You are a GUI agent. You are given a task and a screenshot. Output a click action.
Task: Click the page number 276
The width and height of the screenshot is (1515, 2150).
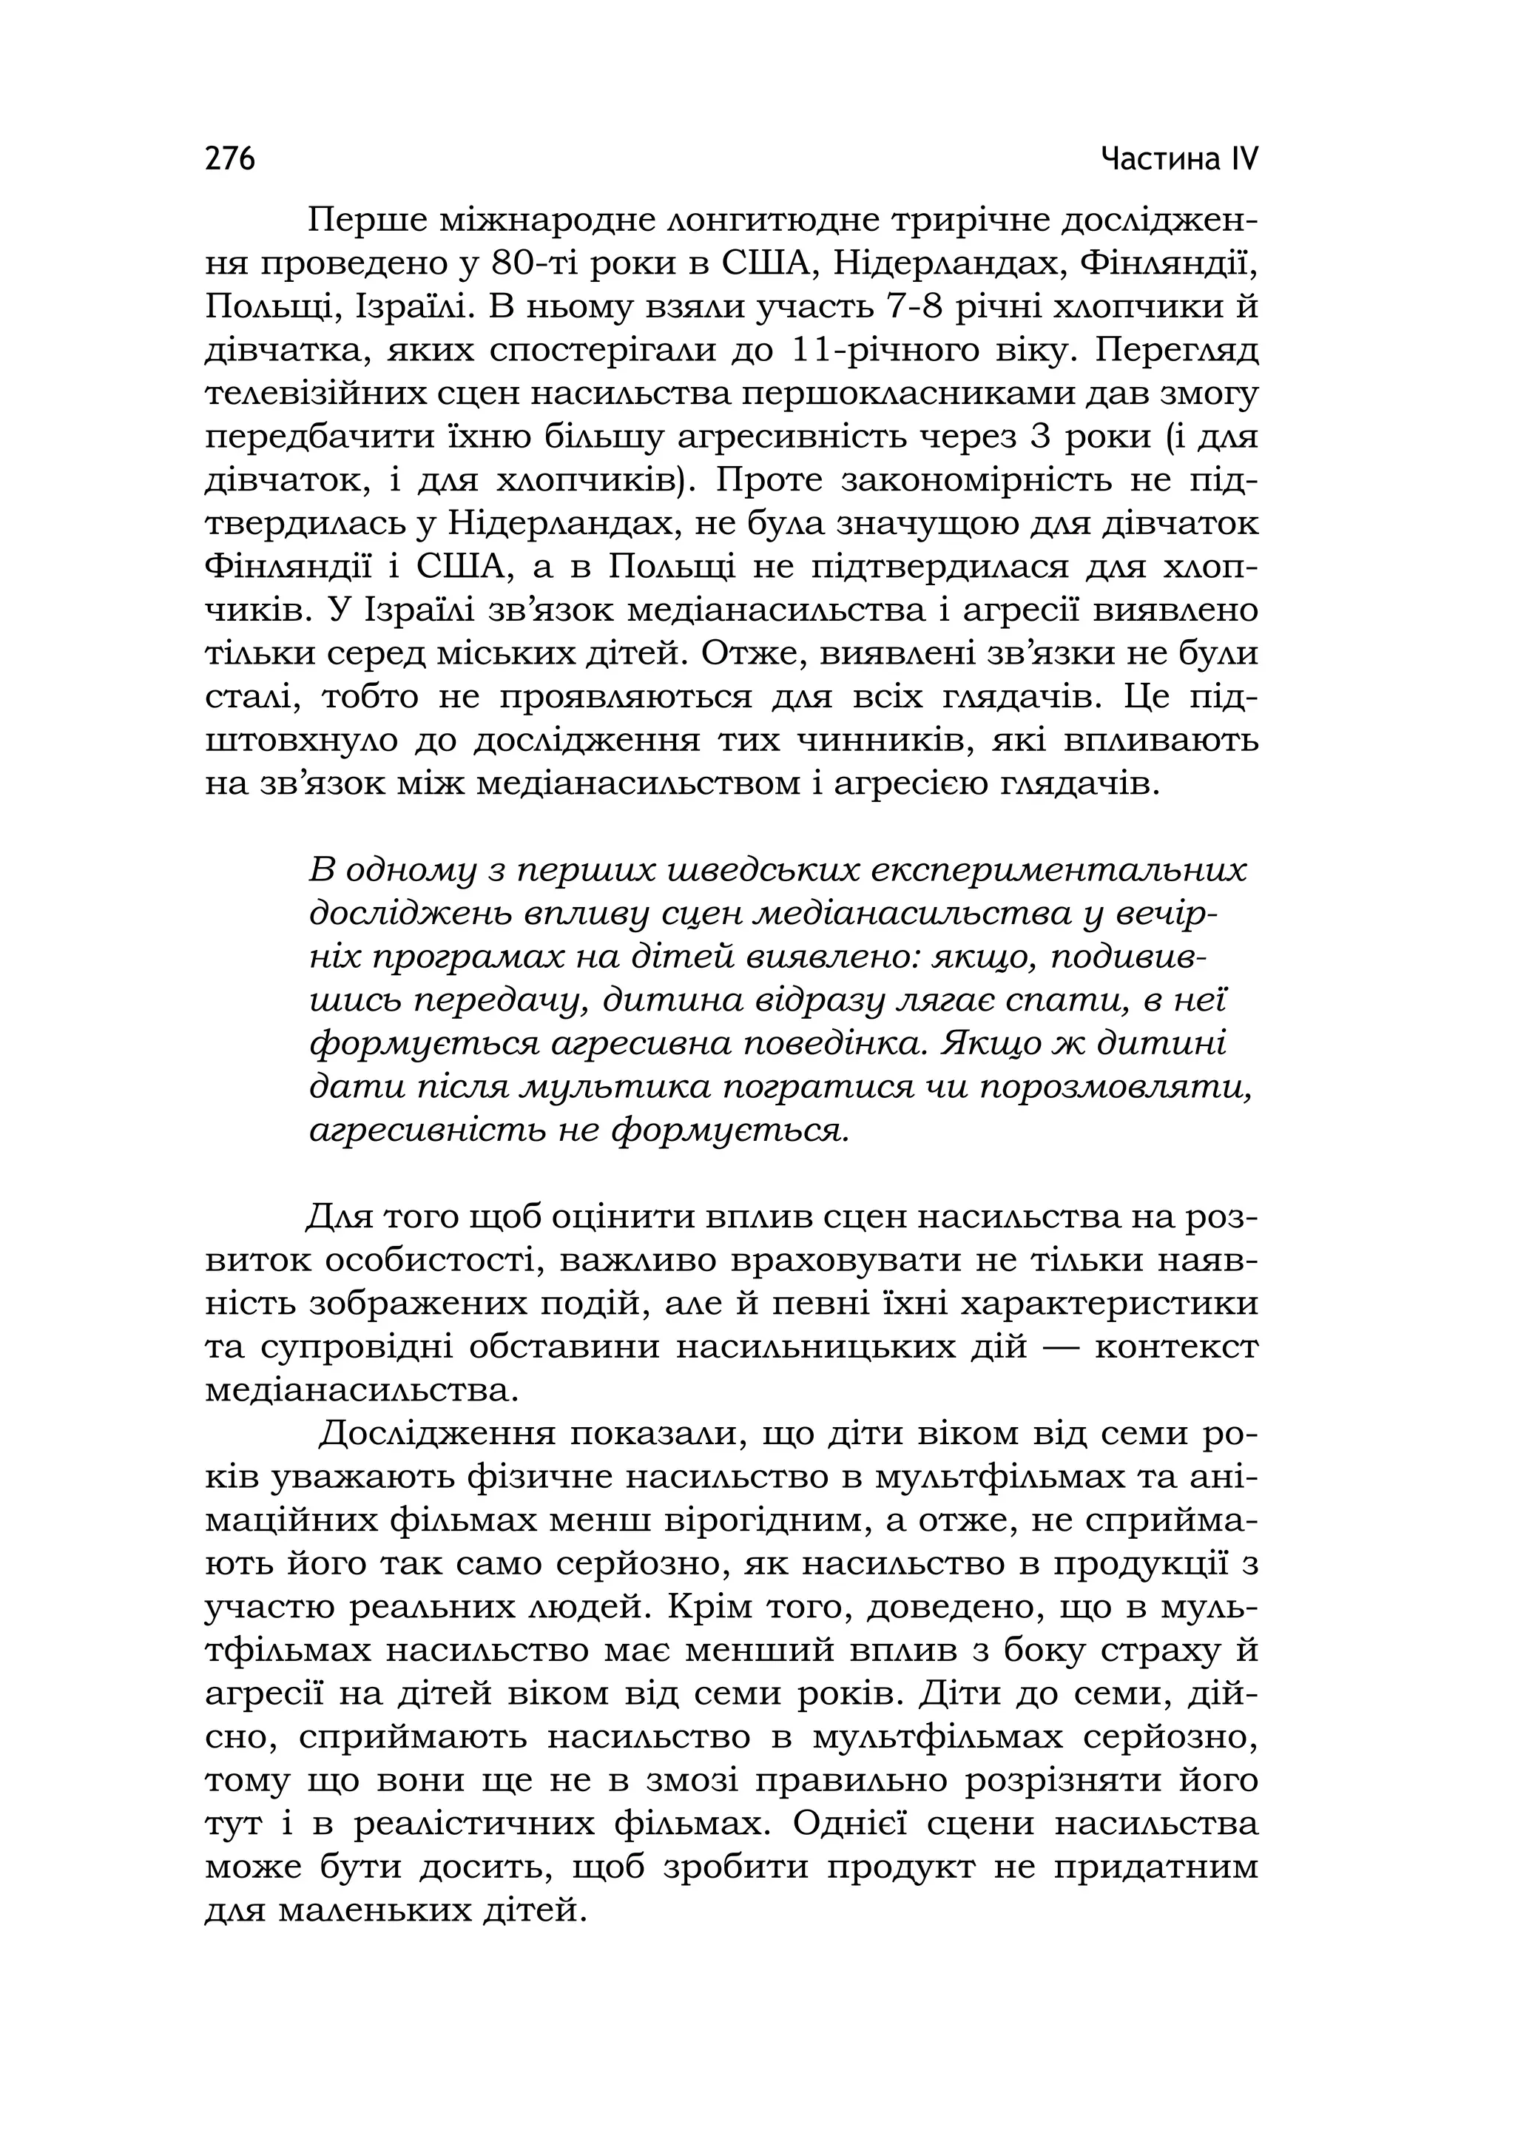[x=230, y=159]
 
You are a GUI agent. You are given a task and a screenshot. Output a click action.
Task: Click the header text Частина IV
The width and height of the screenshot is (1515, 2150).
[x=1179, y=159]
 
